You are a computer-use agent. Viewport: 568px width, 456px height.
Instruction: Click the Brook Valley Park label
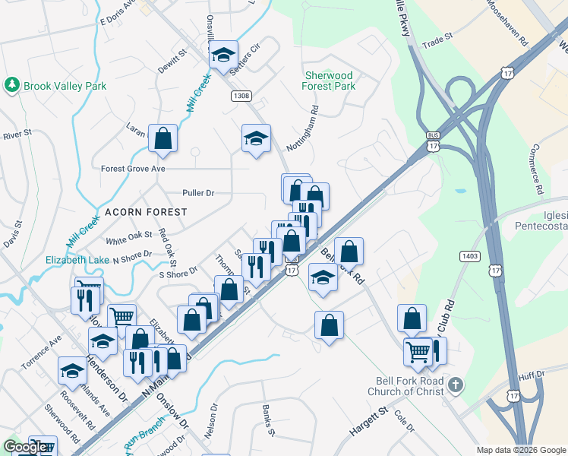coord(65,86)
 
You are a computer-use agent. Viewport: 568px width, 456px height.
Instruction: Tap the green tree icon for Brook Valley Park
coord(11,85)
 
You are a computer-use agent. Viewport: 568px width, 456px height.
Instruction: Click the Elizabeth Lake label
coord(77,259)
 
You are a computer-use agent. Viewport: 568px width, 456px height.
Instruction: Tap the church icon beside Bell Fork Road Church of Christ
coord(455,383)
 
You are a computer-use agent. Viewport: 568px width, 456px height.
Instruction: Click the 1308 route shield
coord(241,96)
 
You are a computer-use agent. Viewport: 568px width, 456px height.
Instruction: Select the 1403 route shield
coord(469,257)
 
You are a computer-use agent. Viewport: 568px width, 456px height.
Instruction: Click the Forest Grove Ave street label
coord(133,168)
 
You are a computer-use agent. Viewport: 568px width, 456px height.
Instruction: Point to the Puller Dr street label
coord(198,193)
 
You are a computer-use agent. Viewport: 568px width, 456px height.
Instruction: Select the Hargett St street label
coord(369,421)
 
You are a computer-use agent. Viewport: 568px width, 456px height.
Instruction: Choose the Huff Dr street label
coord(532,375)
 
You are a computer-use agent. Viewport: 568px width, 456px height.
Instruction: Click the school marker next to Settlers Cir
coord(223,55)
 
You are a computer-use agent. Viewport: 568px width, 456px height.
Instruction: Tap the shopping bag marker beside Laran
coord(163,138)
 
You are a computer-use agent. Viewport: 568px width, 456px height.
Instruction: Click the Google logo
coord(24,447)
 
